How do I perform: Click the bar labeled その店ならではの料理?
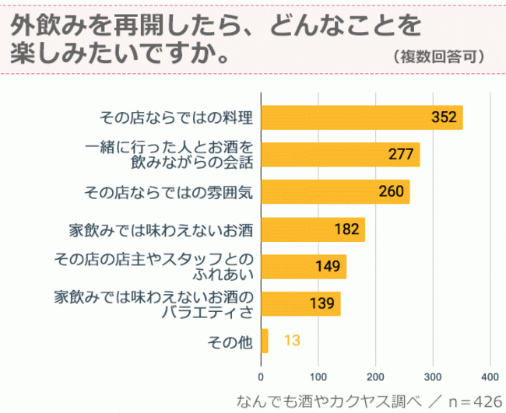pyautogui.click(x=362, y=117)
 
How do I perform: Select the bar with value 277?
pyautogui.click(x=340, y=154)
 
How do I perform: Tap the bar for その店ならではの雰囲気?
pyautogui.click(x=336, y=191)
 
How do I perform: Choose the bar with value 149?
pyautogui.click(x=304, y=266)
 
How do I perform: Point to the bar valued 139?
pyautogui.click(x=300, y=303)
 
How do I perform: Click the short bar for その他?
pyautogui.click(x=265, y=341)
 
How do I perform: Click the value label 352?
pyautogui.click(x=443, y=117)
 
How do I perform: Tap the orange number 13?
pyautogui.click(x=292, y=341)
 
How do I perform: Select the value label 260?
pyautogui.click(x=390, y=191)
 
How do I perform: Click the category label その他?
pyautogui.click(x=228, y=341)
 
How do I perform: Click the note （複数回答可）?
pyautogui.click(x=440, y=56)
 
